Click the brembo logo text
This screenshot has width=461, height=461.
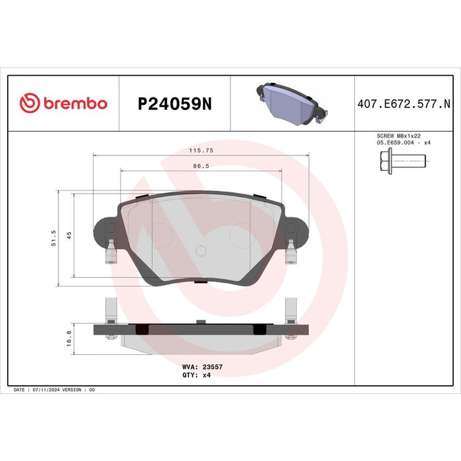coord(76,103)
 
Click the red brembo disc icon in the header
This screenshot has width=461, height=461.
coord(30,103)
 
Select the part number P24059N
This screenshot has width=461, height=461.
coord(175,104)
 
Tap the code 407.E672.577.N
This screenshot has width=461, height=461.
coord(404,104)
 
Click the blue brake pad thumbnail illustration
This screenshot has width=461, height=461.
coord(292,104)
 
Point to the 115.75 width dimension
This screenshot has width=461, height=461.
coord(201,150)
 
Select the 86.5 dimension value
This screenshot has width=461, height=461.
coord(201,166)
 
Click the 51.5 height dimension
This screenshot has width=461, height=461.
coord(53,238)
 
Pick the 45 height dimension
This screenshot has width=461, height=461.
coord(69,235)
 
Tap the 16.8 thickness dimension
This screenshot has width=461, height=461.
coord(69,339)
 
